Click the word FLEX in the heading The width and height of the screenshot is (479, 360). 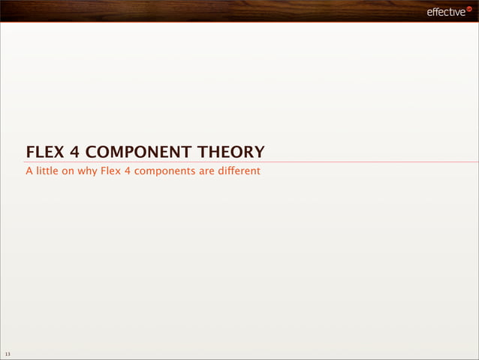(x=46, y=153)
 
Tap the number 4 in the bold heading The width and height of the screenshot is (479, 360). (x=76, y=153)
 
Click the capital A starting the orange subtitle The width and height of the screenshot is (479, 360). (x=29, y=171)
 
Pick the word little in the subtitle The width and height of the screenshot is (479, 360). (x=47, y=171)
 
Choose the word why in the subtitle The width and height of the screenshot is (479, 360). (x=89, y=171)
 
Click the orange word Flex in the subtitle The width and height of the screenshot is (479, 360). (x=112, y=171)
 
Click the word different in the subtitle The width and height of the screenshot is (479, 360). (x=239, y=171)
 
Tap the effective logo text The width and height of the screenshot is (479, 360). (x=445, y=12)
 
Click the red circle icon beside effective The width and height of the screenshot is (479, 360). (x=469, y=9)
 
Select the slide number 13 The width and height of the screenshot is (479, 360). (x=7, y=354)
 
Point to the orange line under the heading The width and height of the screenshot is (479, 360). (x=338, y=162)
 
